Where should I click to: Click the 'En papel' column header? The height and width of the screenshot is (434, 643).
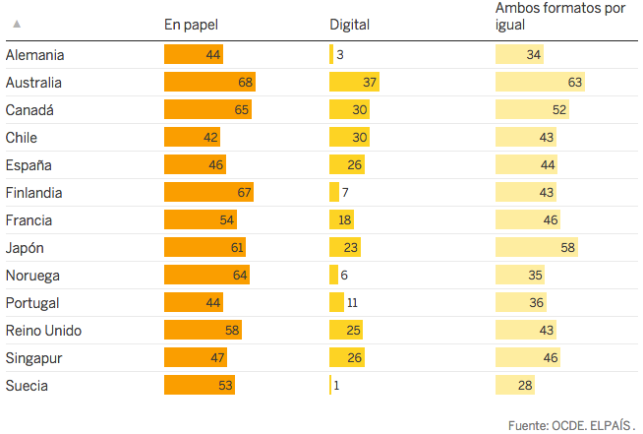click(191, 25)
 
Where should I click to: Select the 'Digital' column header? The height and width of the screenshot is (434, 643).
click(349, 25)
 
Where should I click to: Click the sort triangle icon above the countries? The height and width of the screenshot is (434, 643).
click(17, 24)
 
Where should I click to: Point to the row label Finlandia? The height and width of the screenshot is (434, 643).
click(34, 192)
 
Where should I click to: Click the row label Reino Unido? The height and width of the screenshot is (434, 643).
click(43, 330)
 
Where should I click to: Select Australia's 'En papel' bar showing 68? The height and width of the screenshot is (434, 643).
click(209, 83)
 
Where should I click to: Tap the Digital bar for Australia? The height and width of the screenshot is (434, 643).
click(354, 83)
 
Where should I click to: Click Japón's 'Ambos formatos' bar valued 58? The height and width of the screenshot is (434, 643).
click(535, 247)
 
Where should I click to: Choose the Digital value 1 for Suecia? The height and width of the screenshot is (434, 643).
click(336, 385)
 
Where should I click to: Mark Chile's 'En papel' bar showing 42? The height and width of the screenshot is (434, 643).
click(192, 137)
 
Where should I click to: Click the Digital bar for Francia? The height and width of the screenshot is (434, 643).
click(341, 219)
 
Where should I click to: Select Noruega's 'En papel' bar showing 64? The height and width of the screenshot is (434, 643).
click(206, 275)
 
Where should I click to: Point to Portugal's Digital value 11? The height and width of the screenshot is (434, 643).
click(352, 302)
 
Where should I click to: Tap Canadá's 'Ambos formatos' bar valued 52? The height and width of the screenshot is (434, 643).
click(531, 109)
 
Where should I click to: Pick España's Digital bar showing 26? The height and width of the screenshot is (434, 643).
click(346, 164)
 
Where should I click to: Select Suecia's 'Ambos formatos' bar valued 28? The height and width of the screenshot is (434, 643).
click(515, 385)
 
